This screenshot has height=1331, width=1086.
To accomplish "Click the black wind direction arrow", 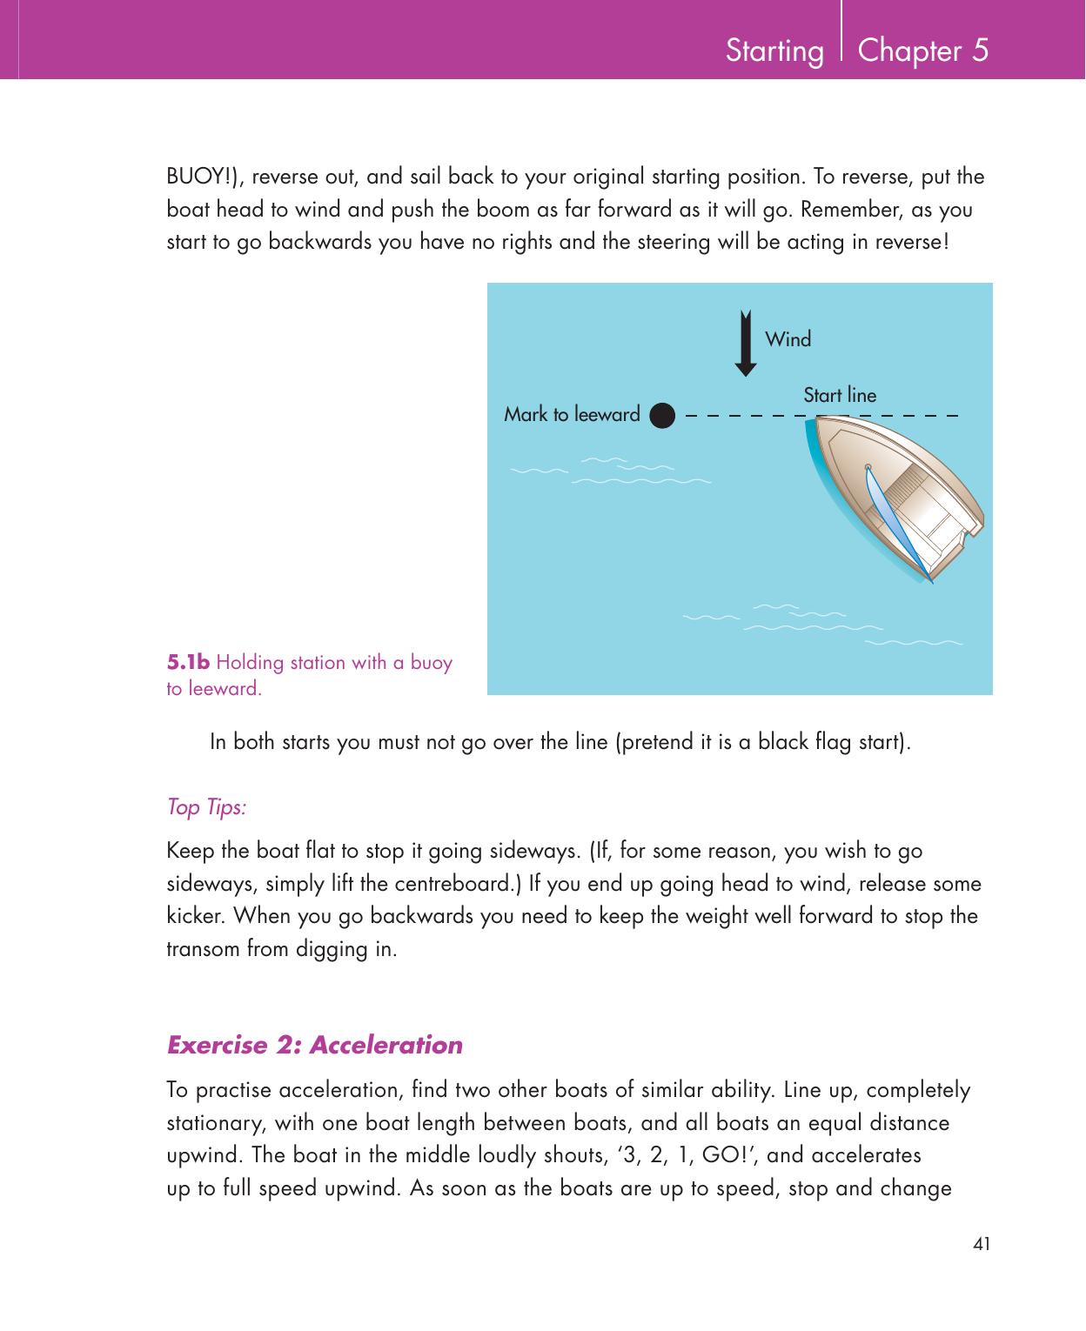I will click(x=745, y=343).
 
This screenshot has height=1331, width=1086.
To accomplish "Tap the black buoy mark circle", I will click(x=662, y=415).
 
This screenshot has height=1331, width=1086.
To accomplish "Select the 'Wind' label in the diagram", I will click(x=788, y=339).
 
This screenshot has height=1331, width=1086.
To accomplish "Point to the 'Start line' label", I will click(x=840, y=395).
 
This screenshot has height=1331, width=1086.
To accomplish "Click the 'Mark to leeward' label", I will click(x=572, y=415).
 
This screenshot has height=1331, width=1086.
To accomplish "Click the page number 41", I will click(x=982, y=1245).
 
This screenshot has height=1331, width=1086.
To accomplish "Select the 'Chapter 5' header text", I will click(x=923, y=50).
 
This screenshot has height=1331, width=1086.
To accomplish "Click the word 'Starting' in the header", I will click(x=774, y=51).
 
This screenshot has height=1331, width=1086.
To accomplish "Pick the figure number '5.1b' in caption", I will click(x=188, y=663).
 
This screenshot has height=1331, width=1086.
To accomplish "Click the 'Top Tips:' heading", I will click(x=206, y=807).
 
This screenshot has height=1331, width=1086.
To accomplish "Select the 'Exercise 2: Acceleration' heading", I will click(x=314, y=1044).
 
